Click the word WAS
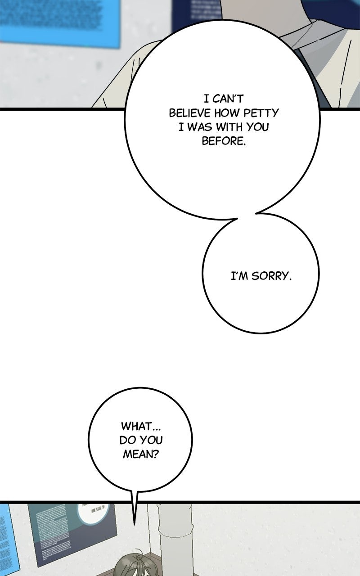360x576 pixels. click(x=199, y=127)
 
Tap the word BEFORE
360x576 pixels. click(x=224, y=141)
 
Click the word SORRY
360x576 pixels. click(x=271, y=276)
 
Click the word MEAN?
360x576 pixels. click(x=140, y=454)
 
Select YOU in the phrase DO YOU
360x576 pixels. click(x=153, y=440)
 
